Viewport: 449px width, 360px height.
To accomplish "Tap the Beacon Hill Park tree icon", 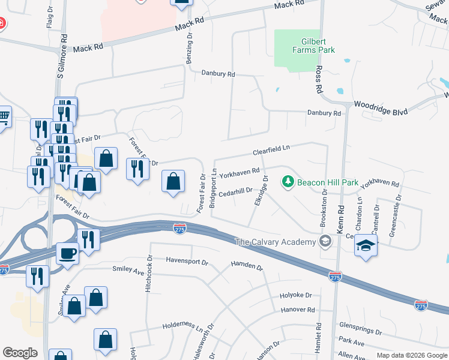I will click(x=288, y=181).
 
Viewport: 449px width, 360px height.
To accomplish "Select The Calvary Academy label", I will click(x=275, y=242).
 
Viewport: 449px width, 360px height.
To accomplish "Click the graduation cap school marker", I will click(x=366, y=245).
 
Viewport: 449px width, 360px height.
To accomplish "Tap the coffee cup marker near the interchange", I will click(x=67, y=253).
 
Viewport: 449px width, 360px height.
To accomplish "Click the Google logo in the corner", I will click(x=20, y=353).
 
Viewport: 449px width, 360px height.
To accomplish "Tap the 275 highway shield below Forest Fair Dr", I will click(x=179, y=228).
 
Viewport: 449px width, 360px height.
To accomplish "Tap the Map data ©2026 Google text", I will click(x=411, y=355).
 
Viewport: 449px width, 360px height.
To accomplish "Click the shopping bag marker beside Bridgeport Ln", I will click(x=173, y=181).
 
